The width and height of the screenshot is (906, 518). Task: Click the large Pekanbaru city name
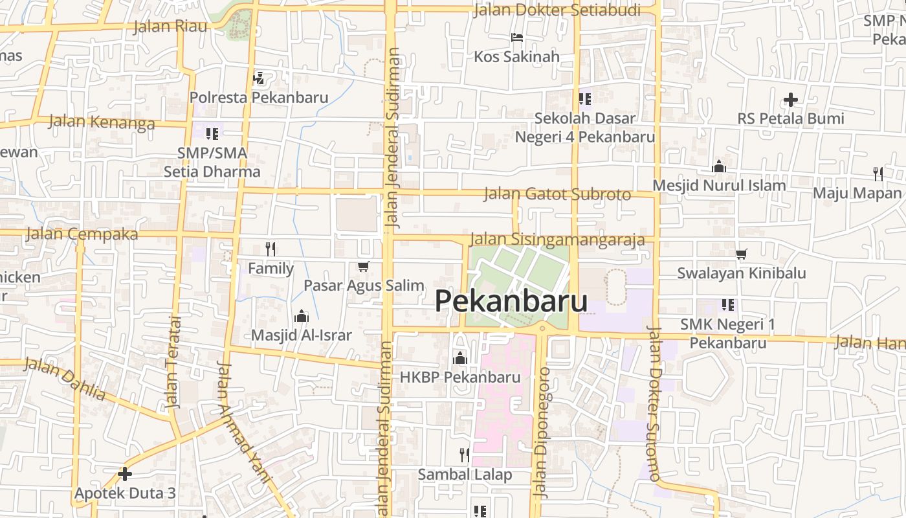(x=511, y=301)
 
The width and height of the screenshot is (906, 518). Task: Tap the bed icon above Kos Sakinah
(x=516, y=38)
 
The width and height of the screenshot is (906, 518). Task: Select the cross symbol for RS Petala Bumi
(x=790, y=100)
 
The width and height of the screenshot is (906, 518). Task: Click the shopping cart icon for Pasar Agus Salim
(x=364, y=267)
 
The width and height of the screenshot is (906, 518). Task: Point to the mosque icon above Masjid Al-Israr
(x=301, y=316)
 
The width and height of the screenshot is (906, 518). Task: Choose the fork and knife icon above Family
(x=271, y=249)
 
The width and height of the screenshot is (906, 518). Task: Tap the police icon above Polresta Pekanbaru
(x=258, y=78)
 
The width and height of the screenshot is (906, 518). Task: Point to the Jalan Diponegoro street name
(x=542, y=433)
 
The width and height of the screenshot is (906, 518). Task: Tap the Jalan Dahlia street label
(x=65, y=378)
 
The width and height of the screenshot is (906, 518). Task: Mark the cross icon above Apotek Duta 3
(x=125, y=474)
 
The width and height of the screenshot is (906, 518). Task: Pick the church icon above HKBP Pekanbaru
(x=460, y=357)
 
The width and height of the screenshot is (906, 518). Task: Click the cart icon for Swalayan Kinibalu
(x=741, y=254)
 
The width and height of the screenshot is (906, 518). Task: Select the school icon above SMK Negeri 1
(x=728, y=304)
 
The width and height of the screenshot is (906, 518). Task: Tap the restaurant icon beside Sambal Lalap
(x=464, y=455)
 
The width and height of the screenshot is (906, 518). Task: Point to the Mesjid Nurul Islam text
(x=718, y=185)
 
